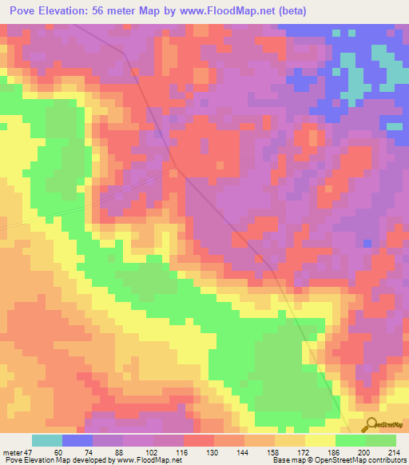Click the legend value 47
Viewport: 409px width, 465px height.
[x=27, y=451]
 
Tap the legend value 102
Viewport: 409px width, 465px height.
[x=153, y=451]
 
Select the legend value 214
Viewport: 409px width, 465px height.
[x=395, y=451]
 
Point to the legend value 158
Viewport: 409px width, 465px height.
[x=275, y=451]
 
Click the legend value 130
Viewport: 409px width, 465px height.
[x=214, y=451]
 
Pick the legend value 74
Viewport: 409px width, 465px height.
[x=93, y=451]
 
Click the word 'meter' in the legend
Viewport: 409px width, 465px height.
[x=11, y=451]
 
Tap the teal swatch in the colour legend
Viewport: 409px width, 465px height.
[x=47, y=440]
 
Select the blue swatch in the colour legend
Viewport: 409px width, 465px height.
[x=77, y=440]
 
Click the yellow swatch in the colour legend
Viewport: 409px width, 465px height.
[x=320, y=440]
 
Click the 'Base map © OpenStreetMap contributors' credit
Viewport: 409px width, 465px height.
[x=339, y=460]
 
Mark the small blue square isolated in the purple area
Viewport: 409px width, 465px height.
[x=367, y=243]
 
